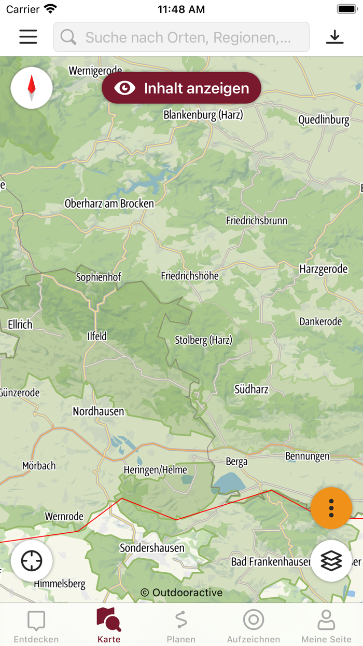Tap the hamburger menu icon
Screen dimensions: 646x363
(28, 37)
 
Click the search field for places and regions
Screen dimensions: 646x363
(181, 37)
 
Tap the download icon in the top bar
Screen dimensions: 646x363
(335, 37)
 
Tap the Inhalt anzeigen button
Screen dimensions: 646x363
(181, 88)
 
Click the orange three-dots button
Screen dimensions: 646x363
(331, 508)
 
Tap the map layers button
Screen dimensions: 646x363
(331, 561)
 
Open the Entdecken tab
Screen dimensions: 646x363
(36, 626)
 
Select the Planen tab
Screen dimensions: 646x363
(181, 626)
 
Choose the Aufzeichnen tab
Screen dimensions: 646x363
(254, 626)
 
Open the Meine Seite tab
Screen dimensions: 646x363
(326, 626)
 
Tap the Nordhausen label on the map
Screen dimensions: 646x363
(99, 411)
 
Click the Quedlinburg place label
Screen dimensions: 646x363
(324, 120)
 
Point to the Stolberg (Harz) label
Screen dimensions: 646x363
(203, 340)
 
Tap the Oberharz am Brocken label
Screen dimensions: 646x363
(109, 204)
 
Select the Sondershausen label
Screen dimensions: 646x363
(152, 548)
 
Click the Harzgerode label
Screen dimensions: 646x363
(324, 269)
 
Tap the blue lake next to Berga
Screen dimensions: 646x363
(228, 483)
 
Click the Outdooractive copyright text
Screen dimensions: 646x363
(181, 593)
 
